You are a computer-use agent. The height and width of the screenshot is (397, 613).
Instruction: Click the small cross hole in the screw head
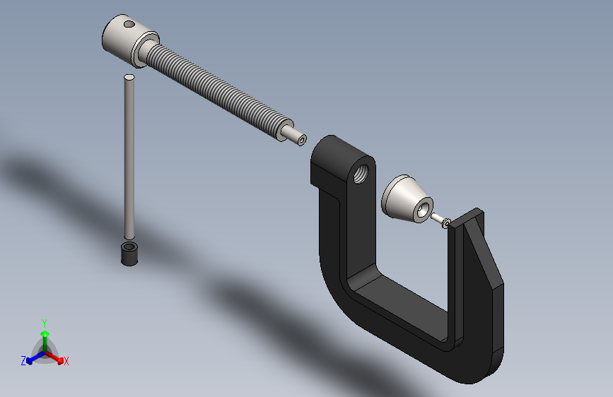[x=129, y=24]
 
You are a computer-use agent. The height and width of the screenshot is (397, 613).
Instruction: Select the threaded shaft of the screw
[x=216, y=90]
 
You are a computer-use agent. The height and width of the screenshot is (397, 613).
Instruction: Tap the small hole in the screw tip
[x=302, y=140]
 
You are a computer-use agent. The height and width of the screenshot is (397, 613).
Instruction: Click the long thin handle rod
[x=129, y=157]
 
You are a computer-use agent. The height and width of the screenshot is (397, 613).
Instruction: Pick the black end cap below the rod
[x=129, y=254]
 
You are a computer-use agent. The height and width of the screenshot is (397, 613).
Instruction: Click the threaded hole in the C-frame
[x=361, y=174]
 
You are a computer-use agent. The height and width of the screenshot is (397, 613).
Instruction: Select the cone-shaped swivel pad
[x=407, y=199]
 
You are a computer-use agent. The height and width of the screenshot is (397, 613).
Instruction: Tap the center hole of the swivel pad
[x=423, y=211]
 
